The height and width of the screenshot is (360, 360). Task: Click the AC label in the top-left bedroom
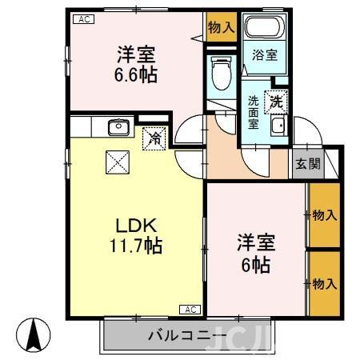click(82, 19)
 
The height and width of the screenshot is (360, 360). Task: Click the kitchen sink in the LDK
click(118, 126)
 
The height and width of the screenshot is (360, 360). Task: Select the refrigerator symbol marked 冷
click(154, 138)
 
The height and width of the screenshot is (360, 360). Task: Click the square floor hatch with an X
click(118, 164)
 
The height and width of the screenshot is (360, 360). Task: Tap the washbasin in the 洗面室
click(278, 127)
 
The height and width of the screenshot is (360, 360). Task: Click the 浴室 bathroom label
click(266, 57)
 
